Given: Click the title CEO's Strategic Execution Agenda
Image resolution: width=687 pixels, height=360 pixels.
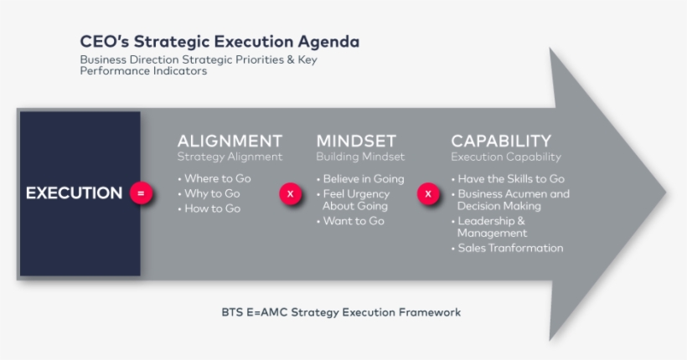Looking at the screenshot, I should (x=220, y=41).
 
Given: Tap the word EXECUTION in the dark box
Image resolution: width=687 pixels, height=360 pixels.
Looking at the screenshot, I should (x=74, y=193).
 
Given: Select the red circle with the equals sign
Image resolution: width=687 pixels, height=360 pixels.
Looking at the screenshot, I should (x=141, y=193).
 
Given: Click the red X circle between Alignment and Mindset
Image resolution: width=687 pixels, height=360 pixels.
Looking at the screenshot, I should (x=290, y=193).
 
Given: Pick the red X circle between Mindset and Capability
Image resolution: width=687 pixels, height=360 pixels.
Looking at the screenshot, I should (x=428, y=193).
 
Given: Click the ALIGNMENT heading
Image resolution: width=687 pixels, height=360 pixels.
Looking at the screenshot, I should (x=230, y=141).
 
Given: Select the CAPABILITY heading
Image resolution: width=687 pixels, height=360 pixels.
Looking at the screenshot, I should (x=501, y=141).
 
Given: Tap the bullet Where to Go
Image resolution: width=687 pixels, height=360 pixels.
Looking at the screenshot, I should (x=214, y=178).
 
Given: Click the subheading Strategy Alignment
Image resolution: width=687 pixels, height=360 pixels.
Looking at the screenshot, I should (x=230, y=157).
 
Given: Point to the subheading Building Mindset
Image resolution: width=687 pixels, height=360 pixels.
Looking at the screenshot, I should (x=360, y=157).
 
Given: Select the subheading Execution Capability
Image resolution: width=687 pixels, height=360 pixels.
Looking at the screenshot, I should (x=506, y=157).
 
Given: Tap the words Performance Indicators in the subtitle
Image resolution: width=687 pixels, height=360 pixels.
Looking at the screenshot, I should (x=143, y=71).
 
